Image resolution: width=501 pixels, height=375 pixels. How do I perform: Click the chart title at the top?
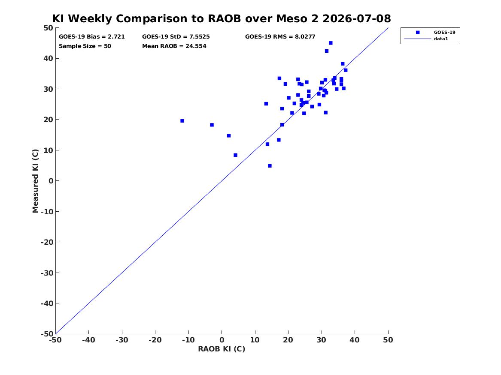pyautogui.click(x=222, y=18)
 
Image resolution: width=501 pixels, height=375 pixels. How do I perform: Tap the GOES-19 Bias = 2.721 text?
pyautogui.click(x=92, y=37)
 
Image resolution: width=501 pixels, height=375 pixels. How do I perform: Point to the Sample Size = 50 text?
pyautogui.click(x=85, y=46)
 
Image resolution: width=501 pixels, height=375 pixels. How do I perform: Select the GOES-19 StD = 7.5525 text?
pyautogui.click(x=176, y=37)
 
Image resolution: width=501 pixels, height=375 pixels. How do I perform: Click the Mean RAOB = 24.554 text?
pyautogui.click(x=174, y=46)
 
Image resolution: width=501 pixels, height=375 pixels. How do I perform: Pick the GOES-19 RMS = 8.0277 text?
pyautogui.click(x=280, y=37)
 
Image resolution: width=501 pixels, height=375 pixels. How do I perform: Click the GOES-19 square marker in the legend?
pyautogui.click(x=418, y=32)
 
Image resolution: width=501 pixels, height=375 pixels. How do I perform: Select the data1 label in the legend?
pyautogui.click(x=441, y=39)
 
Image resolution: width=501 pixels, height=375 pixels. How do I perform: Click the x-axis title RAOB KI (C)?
pyautogui.click(x=222, y=349)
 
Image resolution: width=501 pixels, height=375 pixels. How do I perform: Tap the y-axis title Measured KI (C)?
pyautogui.click(x=35, y=181)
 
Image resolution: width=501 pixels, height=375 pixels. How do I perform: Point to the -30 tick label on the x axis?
pyautogui.click(x=122, y=340)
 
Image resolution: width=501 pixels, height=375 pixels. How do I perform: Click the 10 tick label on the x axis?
pyautogui.click(x=255, y=340)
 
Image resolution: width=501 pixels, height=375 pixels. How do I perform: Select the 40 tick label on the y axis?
pyautogui.click(x=48, y=58)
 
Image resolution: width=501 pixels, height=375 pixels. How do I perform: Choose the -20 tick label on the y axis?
pyautogui.click(x=47, y=242)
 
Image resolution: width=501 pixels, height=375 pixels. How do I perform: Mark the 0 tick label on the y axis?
pyautogui.click(x=51, y=181)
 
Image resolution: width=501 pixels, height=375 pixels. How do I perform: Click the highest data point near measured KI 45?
pyautogui.click(x=331, y=43)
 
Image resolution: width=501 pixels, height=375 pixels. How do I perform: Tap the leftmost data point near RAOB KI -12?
pyautogui.click(x=182, y=121)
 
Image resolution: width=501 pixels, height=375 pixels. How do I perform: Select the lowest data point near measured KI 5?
pyautogui.click(x=270, y=166)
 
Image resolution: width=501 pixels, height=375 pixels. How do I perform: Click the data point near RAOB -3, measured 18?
pyautogui.click(x=212, y=125)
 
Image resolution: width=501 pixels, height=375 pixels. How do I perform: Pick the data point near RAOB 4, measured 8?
pyautogui.click(x=236, y=155)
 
